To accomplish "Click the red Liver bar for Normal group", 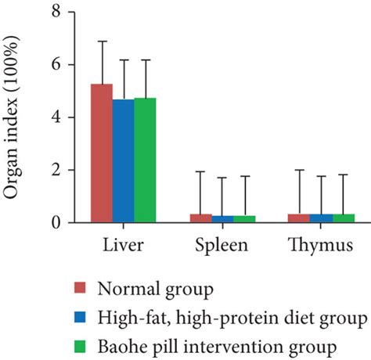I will pyautogui.click(x=102, y=153).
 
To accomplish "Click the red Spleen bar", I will pyautogui.click(x=200, y=218).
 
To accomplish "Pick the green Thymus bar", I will pyautogui.click(x=344, y=218).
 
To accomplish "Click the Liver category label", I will pyautogui.click(x=123, y=245).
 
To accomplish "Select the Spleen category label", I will pyautogui.click(x=222, y=245).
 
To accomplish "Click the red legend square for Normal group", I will pyautogui.click(x=79, y=291).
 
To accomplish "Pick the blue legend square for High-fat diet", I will pyautogui.click(x=79, y=319).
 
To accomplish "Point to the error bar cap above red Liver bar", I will pyautogui.click(x=102, y=41).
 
